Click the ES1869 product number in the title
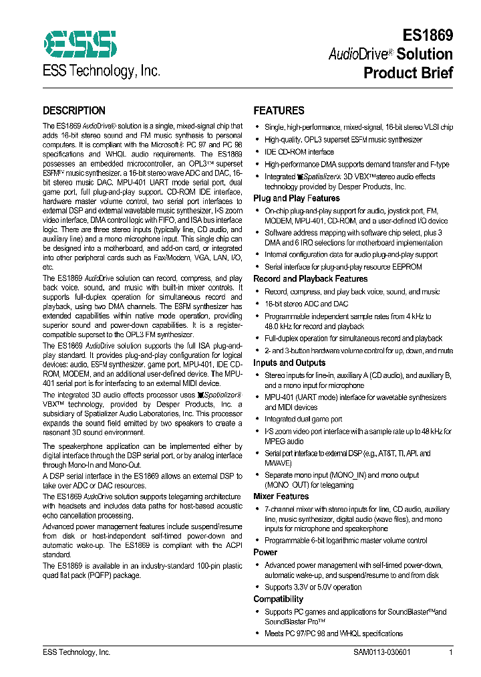pos(428,35)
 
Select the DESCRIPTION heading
pos(74,111)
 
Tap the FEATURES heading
pos(279,111)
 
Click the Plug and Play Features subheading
pos(296,199)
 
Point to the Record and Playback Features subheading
pos(310,279)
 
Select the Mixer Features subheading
pos(281,496)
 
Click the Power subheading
pos(265,553)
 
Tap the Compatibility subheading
pos(278,599)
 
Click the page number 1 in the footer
pos(451,652)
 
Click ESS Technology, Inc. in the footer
pos(76,652)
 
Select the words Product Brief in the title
pos(408,73)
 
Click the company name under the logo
pos(102,72)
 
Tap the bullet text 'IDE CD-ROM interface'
pos(299,152)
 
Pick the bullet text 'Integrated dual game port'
pos(303,419)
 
